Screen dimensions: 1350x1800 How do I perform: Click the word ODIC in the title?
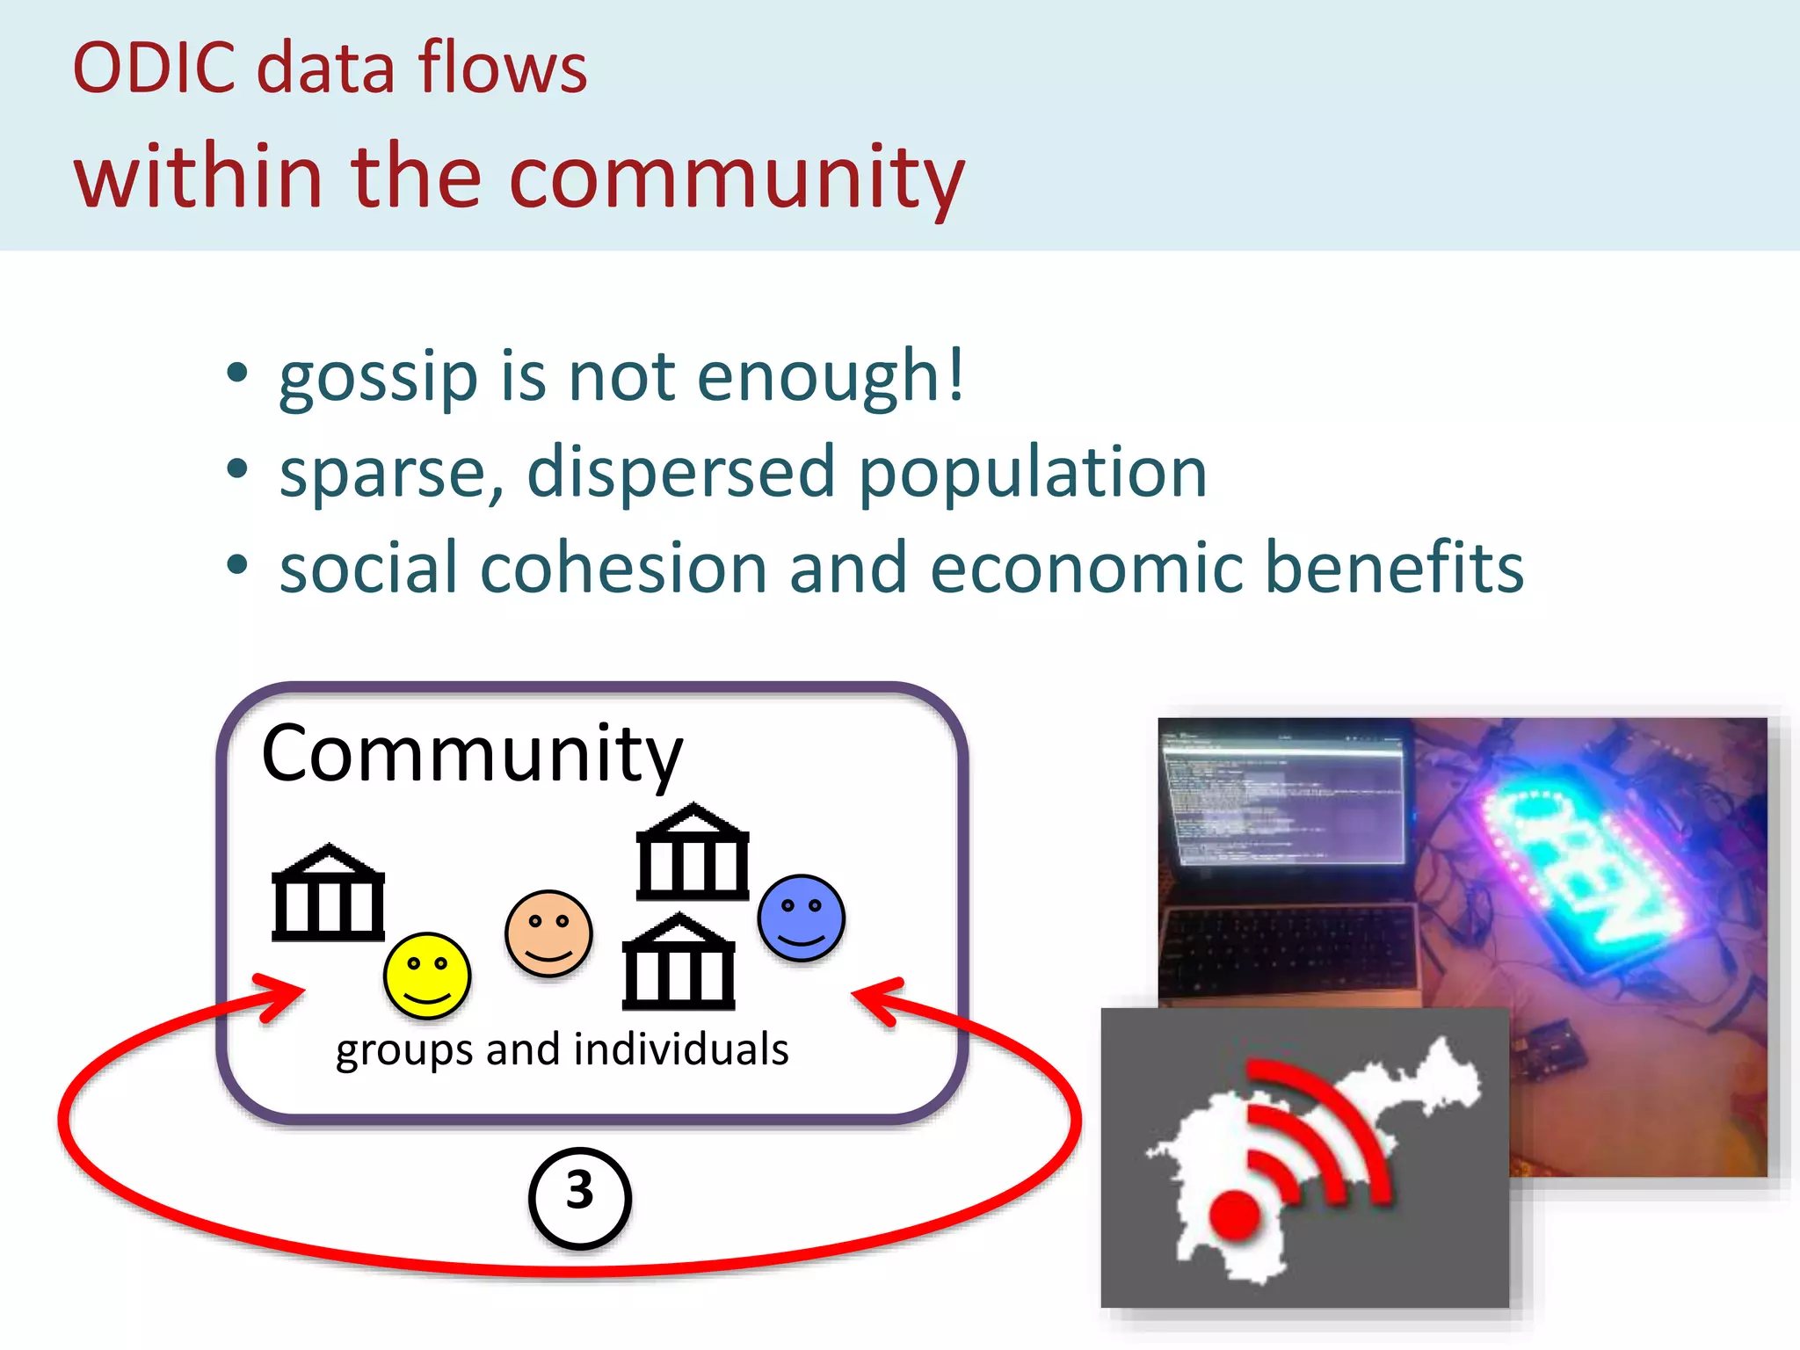point(154,68)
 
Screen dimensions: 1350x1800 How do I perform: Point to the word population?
point(1032,473)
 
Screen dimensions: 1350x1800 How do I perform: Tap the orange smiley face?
point(548,933)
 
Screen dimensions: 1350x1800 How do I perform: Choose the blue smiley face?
point(801,918)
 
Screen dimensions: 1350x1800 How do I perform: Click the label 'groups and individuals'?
point(562,1049)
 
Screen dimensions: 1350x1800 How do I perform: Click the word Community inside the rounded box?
point(472,754)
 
